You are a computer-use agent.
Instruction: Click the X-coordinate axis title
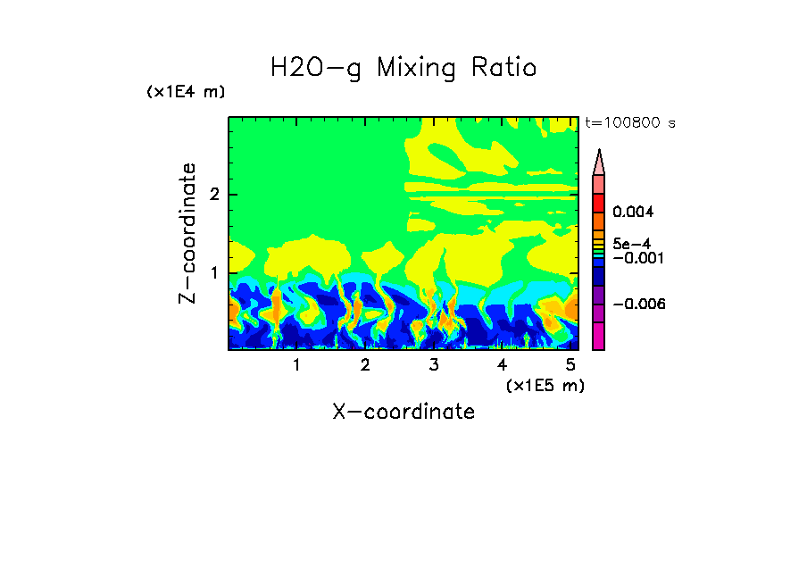pyautogui.click(x=403, y=412)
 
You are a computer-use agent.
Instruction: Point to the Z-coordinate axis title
pyautogui.click(x=187, y=233)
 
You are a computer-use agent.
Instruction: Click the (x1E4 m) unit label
pyautogui.click(x=186, y=92)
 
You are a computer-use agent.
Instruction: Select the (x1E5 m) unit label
pyautogui.click(x=545, y=385)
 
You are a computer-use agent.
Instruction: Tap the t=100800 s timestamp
pyautogui.click(x=630, y=122)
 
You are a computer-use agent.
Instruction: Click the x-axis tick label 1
pyautogui.click(x=296, y=365)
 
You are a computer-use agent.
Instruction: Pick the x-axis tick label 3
pyautogui.click(x=433, y=365)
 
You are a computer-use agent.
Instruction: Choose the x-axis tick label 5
pyautogui.click(x=570, y=365)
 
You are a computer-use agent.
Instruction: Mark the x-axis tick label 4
pyautogui.click(x=502, y=365)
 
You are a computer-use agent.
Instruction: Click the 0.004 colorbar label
pyautogui.click(x=633, y=213)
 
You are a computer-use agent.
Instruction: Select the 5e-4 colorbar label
pyautogui.click(x=631, y=243)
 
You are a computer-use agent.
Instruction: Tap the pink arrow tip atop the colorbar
pyautogui.click(x=599, y=162)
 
